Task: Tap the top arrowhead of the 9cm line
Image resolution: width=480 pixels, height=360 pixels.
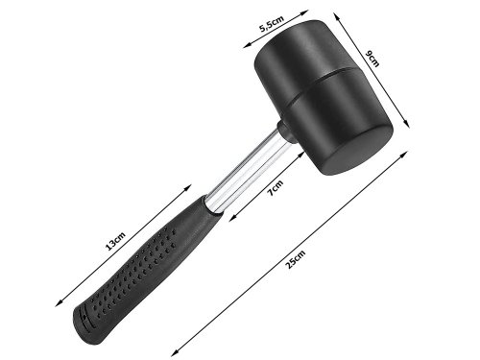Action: (x=361, y=12)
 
